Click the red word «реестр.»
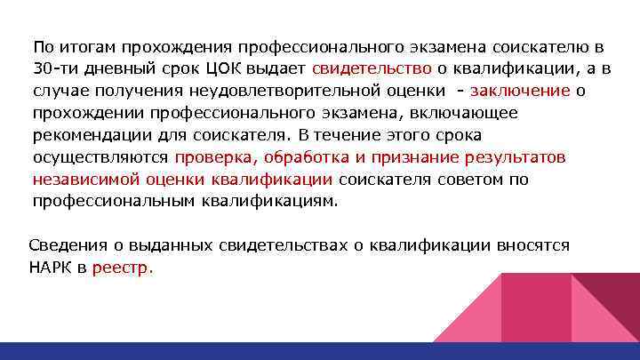tap(123, 267)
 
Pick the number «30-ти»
tap(55, 68)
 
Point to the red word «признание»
tap(415, 157)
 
